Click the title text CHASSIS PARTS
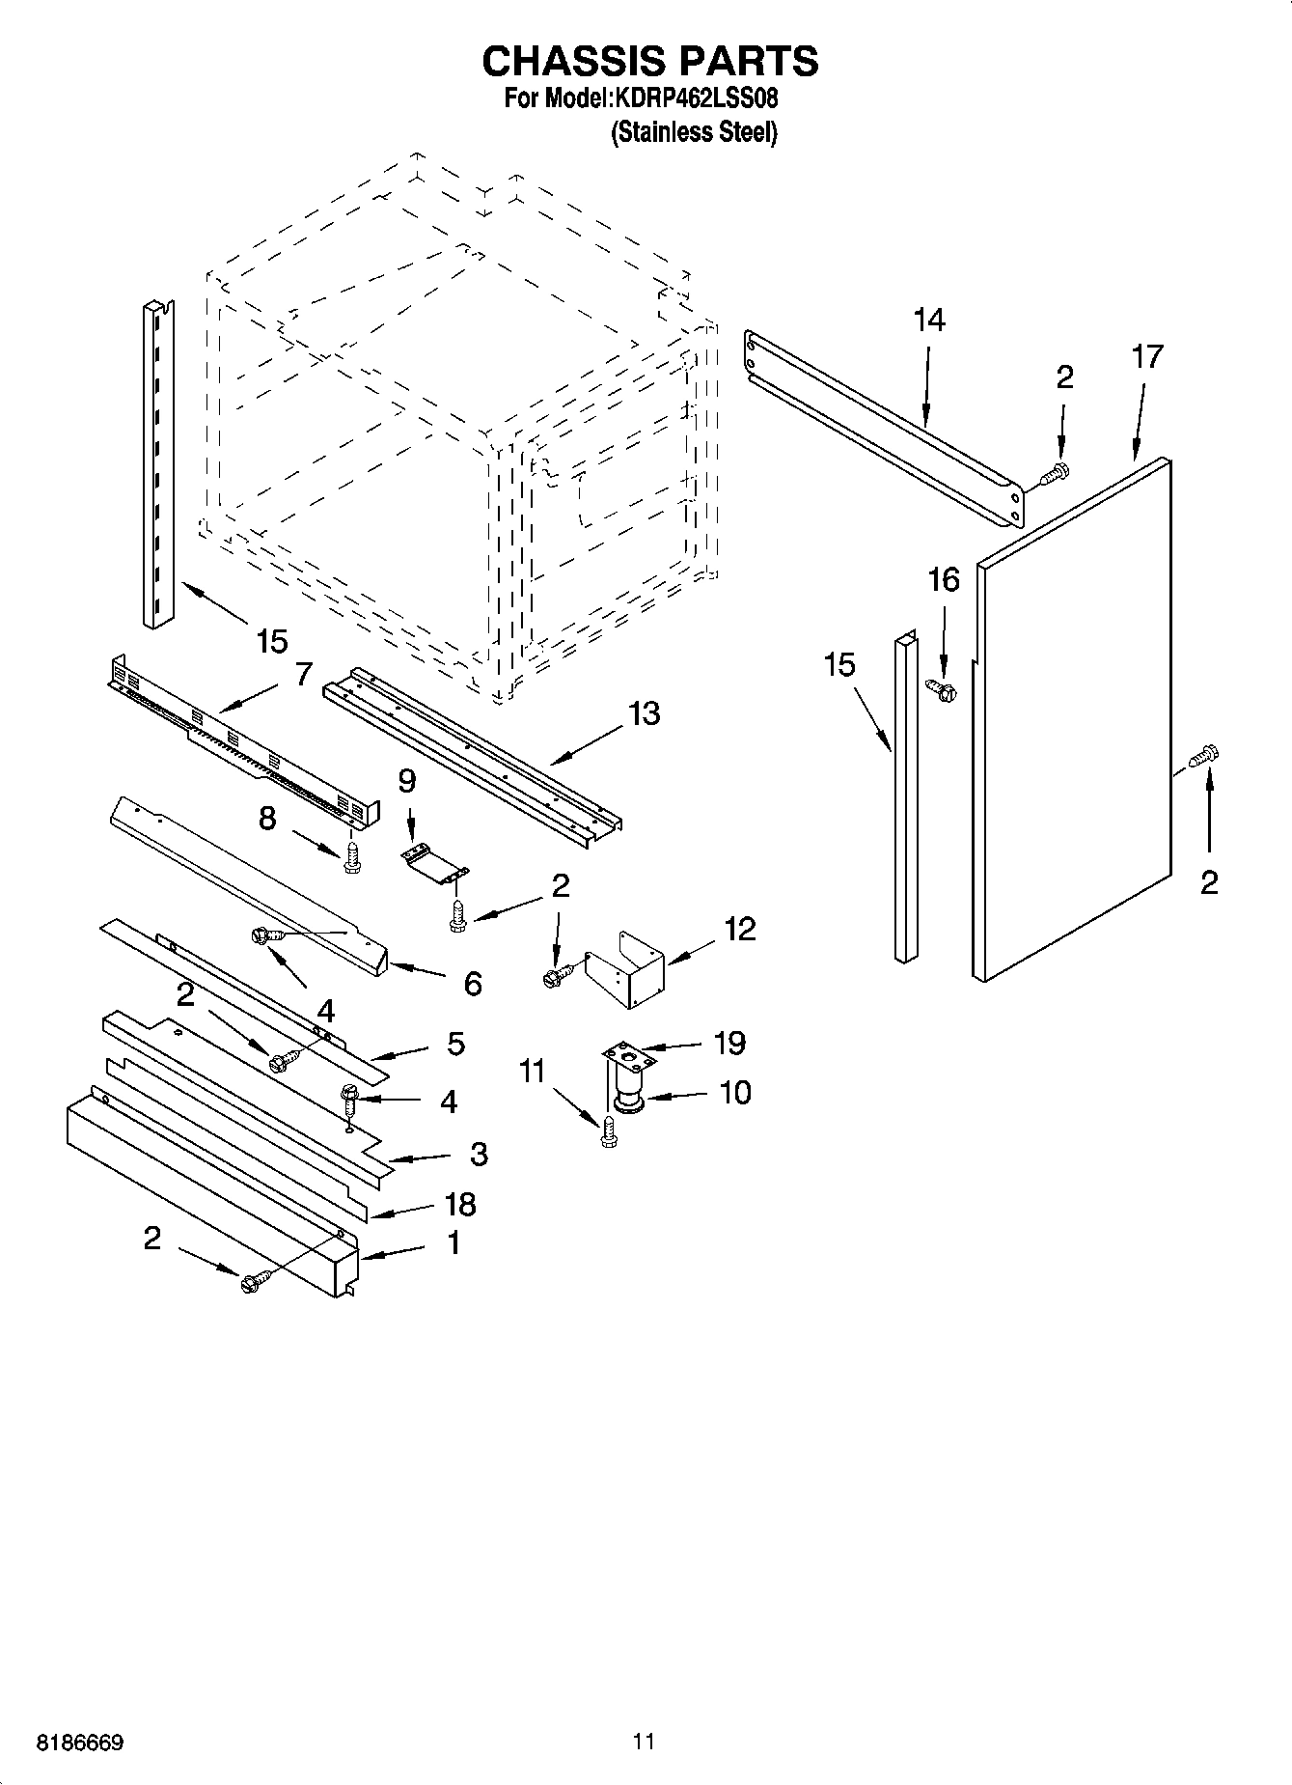click(x=649, y=61)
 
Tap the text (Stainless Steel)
click(x=694, y=132)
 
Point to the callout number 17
click(x=1147, y=357)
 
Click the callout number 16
click(x=943, y=580)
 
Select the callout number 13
click(x=645, y=713)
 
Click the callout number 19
click(x=729, y=1043)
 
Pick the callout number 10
click(x=734, y=1093)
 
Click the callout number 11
click(x=532, y=1072)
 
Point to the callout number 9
click(x=406, y=780)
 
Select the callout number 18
click(x=460, y=1204)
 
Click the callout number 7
click(x=303, y=674)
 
